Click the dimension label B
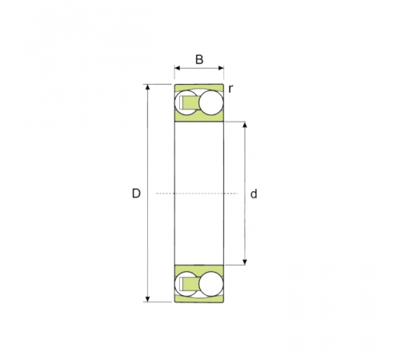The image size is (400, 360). (x=199, y=59)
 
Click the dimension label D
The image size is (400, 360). (x=136, y=194)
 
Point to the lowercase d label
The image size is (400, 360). (x=254, y=194)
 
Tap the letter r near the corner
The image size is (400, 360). (x=230, y=90)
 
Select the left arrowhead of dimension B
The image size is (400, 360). (x=178, y=68)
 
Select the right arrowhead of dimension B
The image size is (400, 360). (x=221, y=68)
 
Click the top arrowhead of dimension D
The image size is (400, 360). (x=147, y=87)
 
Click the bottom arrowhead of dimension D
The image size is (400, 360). (x=147, y=299)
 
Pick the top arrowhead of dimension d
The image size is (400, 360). (x=245, y=125)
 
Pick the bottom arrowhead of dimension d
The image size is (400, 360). (x=245, y=262)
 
